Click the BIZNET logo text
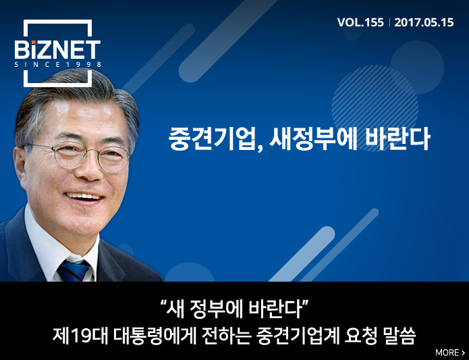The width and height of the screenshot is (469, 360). [57, 50]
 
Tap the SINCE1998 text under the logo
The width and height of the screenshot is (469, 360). [58, 64]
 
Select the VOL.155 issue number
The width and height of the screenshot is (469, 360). [360, 22]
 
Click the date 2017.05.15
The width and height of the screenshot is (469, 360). [424, 22]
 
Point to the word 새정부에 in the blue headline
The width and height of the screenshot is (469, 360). [314, 139]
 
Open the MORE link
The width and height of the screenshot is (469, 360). [450, 353]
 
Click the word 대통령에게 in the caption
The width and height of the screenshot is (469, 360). [155, 336]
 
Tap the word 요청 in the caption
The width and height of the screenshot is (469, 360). [360, 336]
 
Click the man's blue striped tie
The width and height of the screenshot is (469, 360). [74, 271]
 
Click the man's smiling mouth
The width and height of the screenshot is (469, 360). [84, 197]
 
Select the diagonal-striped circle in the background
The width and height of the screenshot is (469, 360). [375, 108]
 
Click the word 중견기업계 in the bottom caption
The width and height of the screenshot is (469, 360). [298, 336]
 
